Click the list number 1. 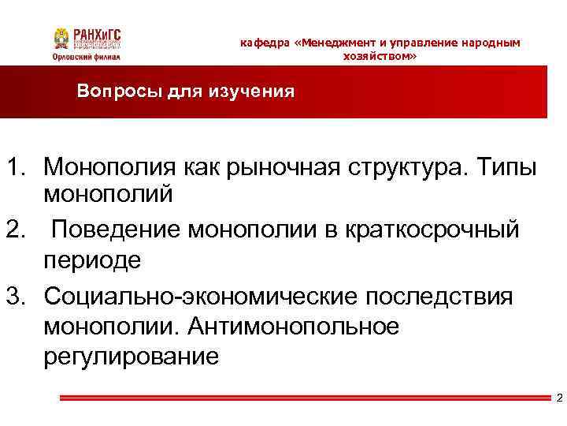pos(18,167)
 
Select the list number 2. pos(18,230)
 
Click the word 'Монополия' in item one pos(111,167)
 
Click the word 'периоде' pos(93,261)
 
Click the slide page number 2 pos(558,398)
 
